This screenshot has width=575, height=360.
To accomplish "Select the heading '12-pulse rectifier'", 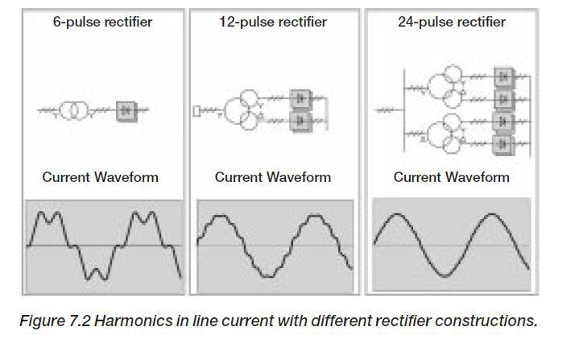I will (273, 22).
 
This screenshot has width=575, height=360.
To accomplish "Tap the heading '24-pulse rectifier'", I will (452, 22).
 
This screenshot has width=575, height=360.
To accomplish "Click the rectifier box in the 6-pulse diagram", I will (126, 110).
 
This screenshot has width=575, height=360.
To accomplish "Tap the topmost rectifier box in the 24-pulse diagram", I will (505, 77).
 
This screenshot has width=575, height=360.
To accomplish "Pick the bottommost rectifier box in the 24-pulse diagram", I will (505, 145).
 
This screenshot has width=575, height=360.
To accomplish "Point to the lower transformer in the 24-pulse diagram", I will (445, 131).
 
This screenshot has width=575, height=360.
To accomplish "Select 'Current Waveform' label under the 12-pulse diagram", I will (273, 177).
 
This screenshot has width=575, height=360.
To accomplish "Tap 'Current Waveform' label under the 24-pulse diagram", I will (452, 177).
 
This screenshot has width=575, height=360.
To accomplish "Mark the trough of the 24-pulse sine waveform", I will (447, 275).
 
